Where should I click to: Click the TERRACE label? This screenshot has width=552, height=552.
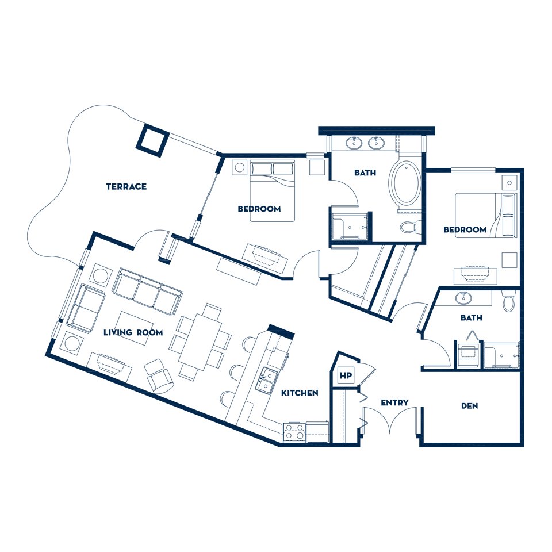coord(126,186)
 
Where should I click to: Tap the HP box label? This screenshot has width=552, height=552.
coord(346,375)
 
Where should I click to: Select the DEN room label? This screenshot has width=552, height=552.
coord(470,406)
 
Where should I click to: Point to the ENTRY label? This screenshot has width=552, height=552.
coord(394,402)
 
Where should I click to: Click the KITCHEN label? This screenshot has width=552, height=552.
coord(300,393)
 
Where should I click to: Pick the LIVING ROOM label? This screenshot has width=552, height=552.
coord(133,332)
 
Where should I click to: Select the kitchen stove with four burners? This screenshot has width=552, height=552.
coord(294,432)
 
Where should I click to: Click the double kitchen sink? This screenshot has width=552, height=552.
coord(266,380)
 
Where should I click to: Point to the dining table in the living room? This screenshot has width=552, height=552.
coord(200,342)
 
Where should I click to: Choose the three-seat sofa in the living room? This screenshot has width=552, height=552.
coord(148,292)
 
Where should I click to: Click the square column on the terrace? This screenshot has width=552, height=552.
coord(152,140)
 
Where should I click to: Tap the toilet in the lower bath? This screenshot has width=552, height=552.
coord(508,301)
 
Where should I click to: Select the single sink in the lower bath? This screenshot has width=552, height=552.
coord(464,298)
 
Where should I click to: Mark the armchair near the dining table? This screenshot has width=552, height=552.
coord(159,376)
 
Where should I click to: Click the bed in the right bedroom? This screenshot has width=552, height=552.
coord(486,215)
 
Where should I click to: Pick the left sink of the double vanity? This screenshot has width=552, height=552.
coord(354,143)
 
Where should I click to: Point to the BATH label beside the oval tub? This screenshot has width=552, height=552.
coord(365,172)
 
